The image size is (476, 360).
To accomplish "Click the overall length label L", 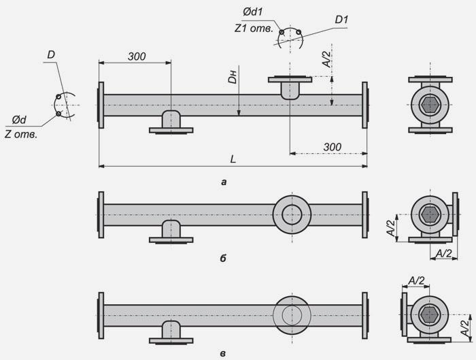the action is tap(233, 159).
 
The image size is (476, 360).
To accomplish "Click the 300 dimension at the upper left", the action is tap(137, 56).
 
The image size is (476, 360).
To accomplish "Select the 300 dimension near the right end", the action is tap(332, 147).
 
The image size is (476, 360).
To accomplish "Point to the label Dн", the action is tap(233, 77).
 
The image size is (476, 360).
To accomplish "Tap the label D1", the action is tap(341, 20).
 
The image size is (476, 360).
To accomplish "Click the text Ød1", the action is tap(253, 12).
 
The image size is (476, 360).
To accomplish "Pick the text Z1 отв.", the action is tap(254, 29).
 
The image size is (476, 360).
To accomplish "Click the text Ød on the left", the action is tap(19, 120).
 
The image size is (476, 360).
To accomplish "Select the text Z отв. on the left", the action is tap(21, 134).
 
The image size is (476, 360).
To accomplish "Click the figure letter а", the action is tap(224, 182).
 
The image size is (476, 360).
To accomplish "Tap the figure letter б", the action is tap(223, 259).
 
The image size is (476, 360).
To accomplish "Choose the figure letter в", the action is tap(223, 354).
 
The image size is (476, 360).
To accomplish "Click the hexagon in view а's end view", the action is tap(430, 105).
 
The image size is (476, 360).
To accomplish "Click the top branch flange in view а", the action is tap(290, 80).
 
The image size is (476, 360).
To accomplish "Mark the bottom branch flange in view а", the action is tap(171, 131).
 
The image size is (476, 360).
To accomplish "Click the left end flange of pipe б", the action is tap(101, 214).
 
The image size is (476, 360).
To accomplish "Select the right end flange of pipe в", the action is tap(365, 315).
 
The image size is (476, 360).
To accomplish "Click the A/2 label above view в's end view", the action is tap(416, 280).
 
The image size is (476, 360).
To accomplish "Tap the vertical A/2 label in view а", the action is tap(327, 59).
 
